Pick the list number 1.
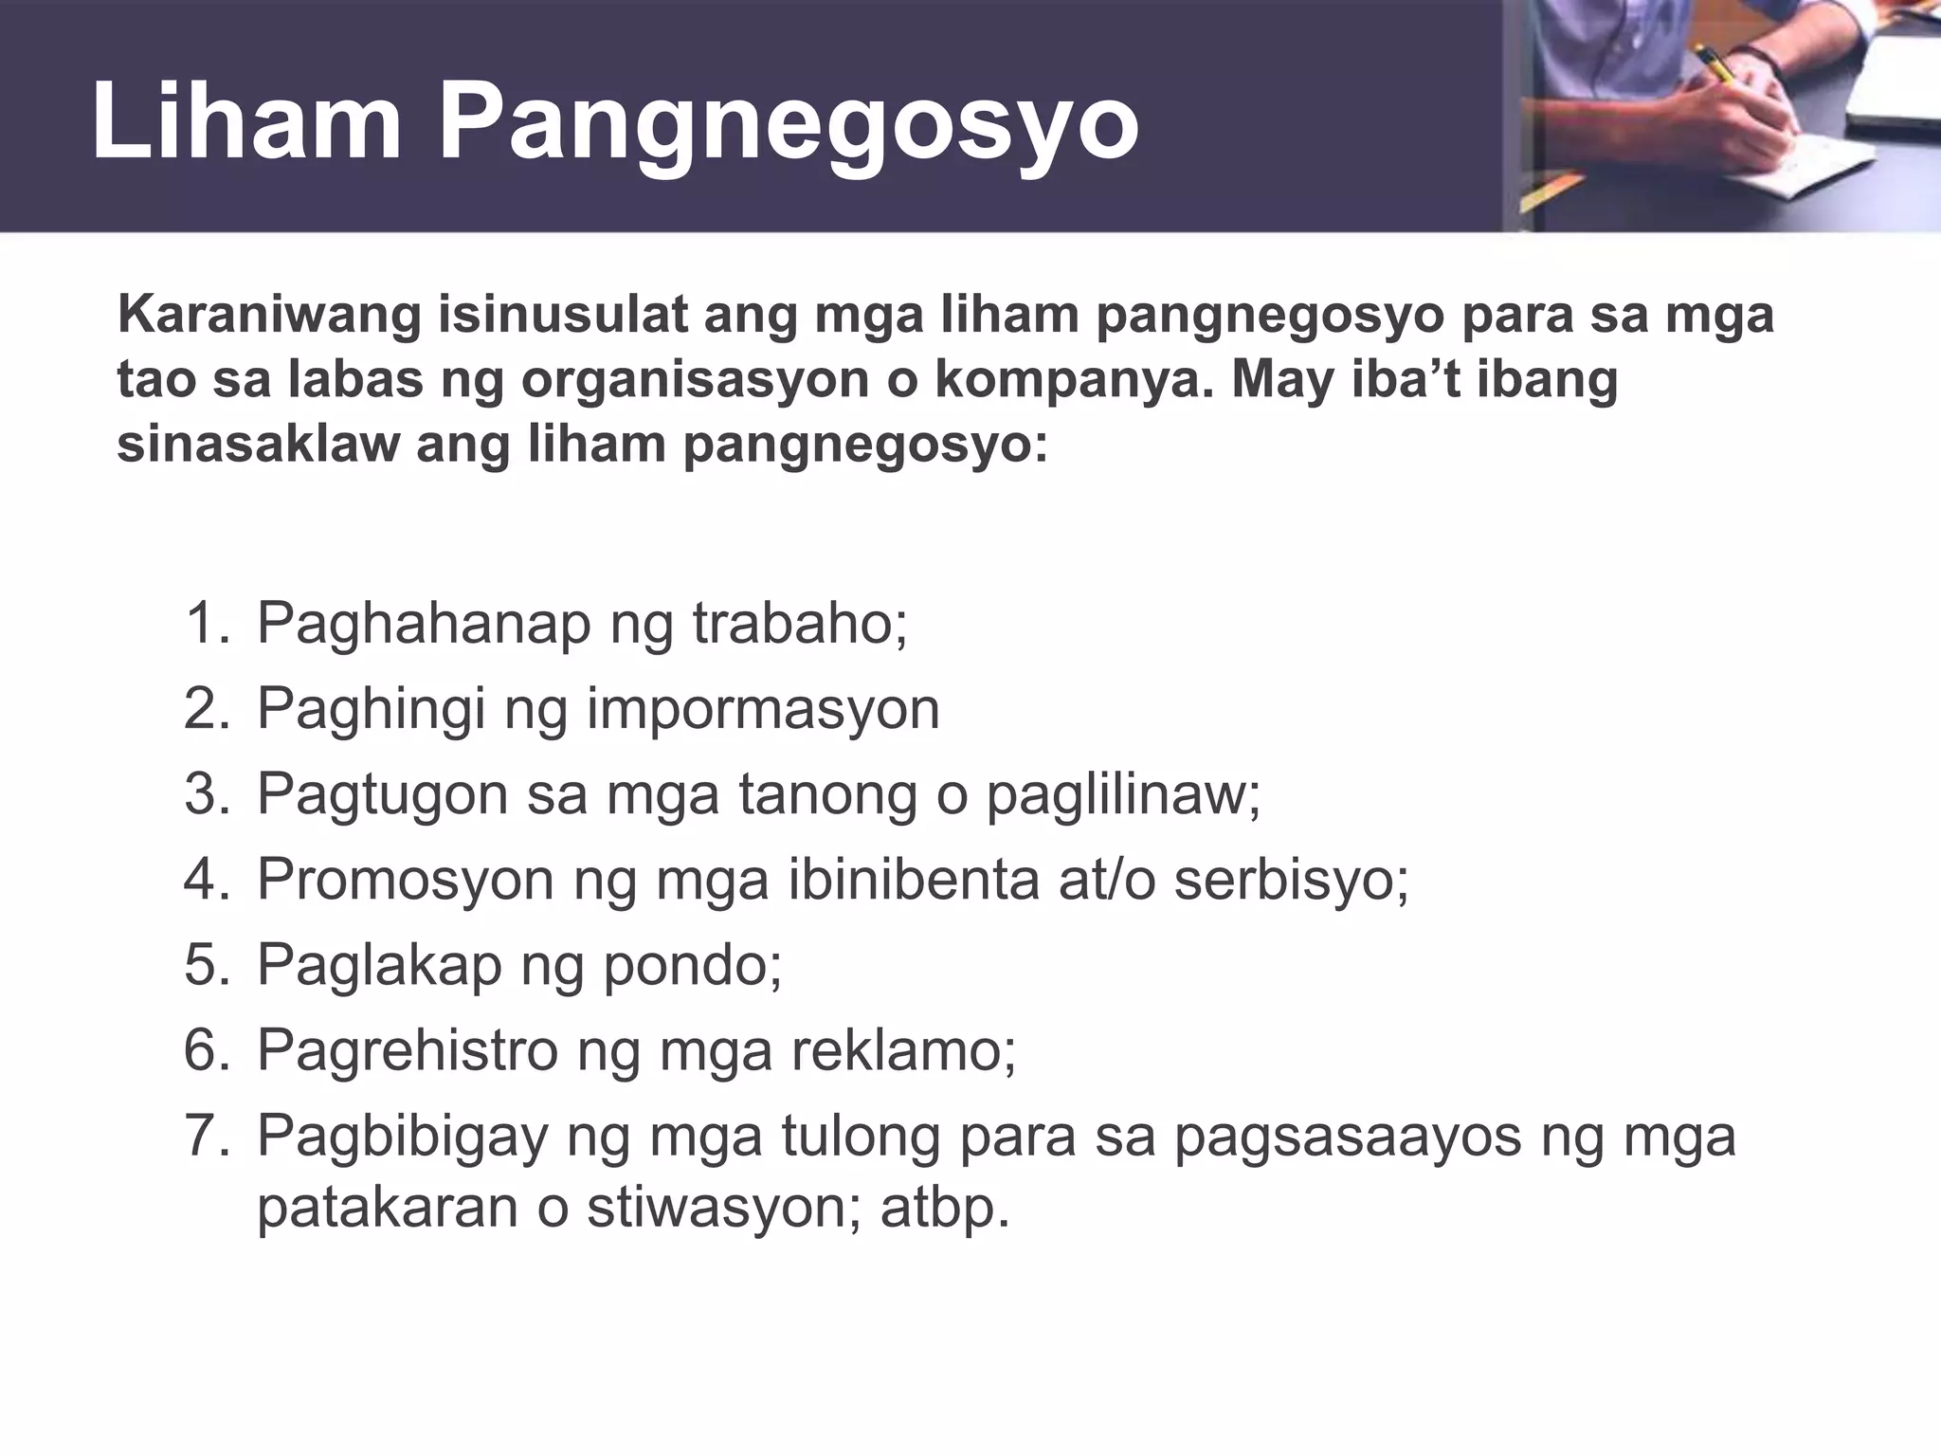207,624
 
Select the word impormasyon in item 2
763,709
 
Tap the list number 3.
207,794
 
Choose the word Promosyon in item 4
406,880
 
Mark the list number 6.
207,1050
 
